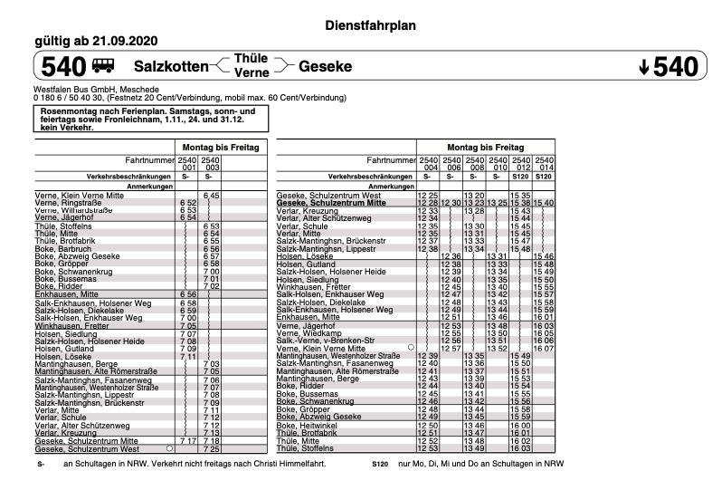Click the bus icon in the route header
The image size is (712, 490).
(x=103, y=66)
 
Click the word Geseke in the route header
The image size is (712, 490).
(x=325, y=66)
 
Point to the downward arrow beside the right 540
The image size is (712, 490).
(x=643, y=67)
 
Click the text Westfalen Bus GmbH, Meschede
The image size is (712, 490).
(x=96, y=91)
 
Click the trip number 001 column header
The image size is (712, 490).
(x=188, y=168)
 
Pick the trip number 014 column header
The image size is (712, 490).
(x=544, y=168)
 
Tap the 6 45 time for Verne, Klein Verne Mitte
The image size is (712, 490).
(x=212, y=196)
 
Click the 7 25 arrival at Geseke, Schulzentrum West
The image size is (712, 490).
(x=212, y=448)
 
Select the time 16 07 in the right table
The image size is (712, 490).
(x=544, y=348)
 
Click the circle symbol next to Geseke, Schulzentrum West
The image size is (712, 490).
(x=169, y=448)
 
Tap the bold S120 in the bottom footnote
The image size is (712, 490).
(x=380, y=464)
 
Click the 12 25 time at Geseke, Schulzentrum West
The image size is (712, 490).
(x=427, y=196)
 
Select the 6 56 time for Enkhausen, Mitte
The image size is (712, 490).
(x=188, y=294)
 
